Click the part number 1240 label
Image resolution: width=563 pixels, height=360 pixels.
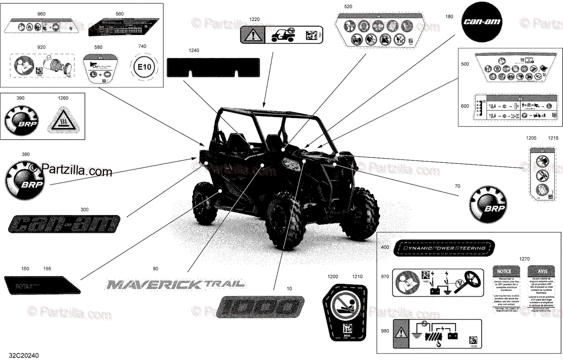tap(194, 50)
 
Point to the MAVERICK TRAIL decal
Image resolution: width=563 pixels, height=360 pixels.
tap(175, 284)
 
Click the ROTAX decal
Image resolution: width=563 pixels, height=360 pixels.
tap(41, 285)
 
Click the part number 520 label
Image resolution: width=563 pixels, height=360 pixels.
tap(348, 7)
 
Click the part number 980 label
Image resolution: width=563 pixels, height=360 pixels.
tap(385, 331)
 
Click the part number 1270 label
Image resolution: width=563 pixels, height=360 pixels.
tap(524, 259)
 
